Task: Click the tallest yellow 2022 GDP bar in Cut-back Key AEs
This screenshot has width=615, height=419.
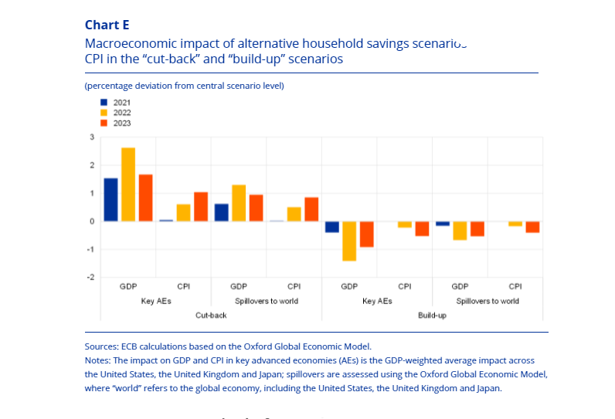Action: (x=128, y=184)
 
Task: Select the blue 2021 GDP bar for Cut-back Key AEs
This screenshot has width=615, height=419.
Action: (x=110, y=200)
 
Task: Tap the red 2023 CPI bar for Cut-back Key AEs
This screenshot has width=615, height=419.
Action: (x=201, y=207)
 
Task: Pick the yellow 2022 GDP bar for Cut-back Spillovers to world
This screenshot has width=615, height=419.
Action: (x=239, y=203)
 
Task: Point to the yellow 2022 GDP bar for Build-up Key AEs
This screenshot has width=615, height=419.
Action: (x=349, y=241)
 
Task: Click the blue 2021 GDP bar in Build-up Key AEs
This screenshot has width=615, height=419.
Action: (x=332, y=227)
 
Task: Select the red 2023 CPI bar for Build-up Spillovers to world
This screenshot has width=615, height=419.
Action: (x=532, y=227)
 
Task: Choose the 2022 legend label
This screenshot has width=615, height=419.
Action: (x=122, y=113)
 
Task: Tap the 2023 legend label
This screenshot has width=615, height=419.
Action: (x=122, y=123)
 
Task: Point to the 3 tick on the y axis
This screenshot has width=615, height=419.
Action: (x=93, y=137)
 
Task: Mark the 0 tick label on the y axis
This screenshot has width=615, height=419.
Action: (x=93, y=221)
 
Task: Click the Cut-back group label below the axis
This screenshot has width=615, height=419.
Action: (x=211, y=316)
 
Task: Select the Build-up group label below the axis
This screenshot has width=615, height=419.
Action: (x=433, y=316)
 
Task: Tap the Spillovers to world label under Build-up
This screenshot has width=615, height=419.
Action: (x=488, y=301)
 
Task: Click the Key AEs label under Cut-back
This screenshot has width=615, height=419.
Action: (x=156, y=301)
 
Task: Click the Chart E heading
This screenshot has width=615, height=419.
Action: (x=107, y=25)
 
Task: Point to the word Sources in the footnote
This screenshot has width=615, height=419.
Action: (x=102, y=346)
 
